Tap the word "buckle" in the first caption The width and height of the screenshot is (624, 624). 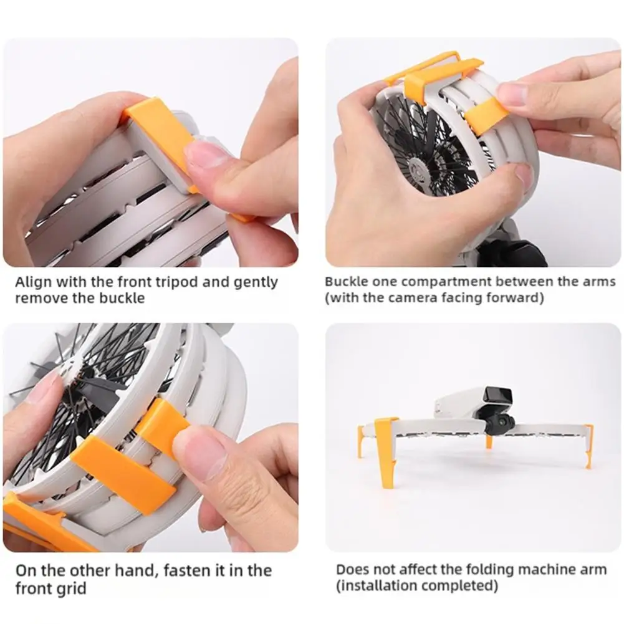pyautogui.click(x=122, y=298)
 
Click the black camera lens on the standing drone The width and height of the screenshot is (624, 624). pyautogui.click(x=502, y=420)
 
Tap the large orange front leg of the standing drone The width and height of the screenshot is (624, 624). pyautogui.click(x=386, y=449)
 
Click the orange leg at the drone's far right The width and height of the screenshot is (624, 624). pyautogui.click(x=588, y=445)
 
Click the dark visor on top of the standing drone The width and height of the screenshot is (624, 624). pyautogui.click(x=497, y=396)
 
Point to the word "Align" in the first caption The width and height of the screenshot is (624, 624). pyautogui.click(x=34, y=282)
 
